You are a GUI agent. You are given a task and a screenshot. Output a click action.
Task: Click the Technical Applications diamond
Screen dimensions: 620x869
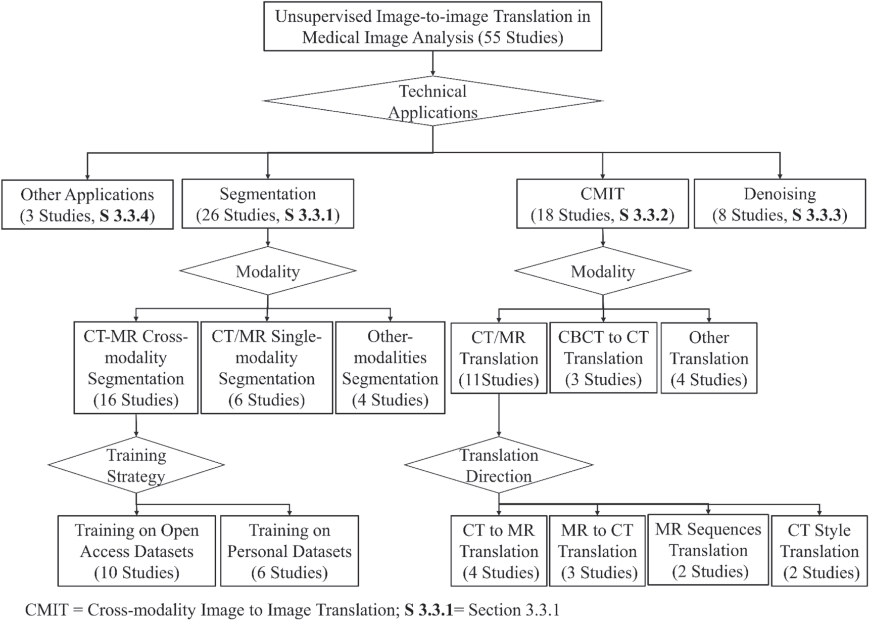(x=433, y=101)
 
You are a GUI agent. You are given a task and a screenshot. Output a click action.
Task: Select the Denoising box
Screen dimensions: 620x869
(x=780, y=204)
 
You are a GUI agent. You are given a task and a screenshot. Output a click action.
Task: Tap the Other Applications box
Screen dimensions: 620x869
(x=87, y=205)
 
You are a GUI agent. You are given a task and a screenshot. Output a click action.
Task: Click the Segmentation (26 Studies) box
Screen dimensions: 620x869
(x=267, y=204)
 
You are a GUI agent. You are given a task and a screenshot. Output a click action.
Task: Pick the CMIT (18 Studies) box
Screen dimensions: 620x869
(x=602, y=204)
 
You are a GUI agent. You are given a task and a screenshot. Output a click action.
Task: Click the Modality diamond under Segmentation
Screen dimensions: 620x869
(x=268, y=271)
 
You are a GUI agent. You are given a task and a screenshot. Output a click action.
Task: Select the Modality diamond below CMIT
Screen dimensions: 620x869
(x=603, y=271)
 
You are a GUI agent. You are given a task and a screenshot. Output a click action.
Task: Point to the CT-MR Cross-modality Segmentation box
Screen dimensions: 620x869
(x=136, y=368)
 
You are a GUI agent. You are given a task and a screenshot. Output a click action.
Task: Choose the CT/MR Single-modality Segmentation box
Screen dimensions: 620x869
(x=267, y=368)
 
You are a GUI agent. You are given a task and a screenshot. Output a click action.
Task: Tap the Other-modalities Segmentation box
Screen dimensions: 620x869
(x=390, y=368)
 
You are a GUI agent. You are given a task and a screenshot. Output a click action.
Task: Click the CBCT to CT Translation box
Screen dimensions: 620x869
(x=603, y=358)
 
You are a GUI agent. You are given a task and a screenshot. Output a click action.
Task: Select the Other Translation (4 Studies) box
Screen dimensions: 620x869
(x=709, y=358)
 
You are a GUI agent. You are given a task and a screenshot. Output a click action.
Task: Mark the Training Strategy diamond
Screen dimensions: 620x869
(x=136, y=465)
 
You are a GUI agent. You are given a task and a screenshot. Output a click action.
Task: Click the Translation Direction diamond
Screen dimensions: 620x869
(x=499, y=465)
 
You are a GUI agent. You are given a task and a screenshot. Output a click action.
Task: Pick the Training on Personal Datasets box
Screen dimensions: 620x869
(x=289, y=551)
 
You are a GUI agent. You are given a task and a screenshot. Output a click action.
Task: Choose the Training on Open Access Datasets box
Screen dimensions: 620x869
(x=136, y=551)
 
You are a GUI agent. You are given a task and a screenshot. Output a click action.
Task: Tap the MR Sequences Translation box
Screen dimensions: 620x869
(x=708, y=550)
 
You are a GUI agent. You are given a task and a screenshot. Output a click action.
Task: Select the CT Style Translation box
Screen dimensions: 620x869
(x=819, y=551)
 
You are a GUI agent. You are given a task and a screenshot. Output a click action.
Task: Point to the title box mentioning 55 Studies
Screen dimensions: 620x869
(x=432, y=27)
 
